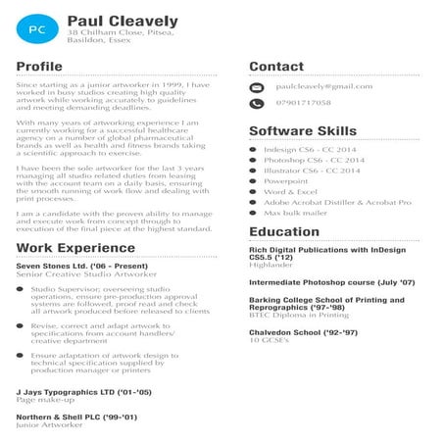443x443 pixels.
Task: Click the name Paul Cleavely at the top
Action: (123, 20)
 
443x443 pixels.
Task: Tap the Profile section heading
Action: (39, 67)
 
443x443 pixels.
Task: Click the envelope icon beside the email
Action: (256, 87)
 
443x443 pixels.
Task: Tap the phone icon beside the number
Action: (256, 103)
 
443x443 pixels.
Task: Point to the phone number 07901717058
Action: (303, 103)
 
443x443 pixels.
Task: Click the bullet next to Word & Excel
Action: (254, 191)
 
